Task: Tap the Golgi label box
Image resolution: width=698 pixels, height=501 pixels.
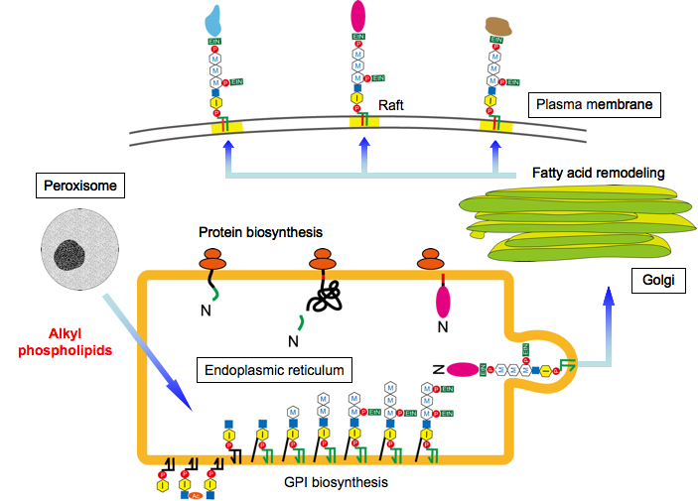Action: (x=655, y=282)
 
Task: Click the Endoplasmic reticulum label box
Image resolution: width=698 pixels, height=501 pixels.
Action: (x=273, y=370)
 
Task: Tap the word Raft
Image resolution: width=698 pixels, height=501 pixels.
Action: (x=391, y=99)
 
